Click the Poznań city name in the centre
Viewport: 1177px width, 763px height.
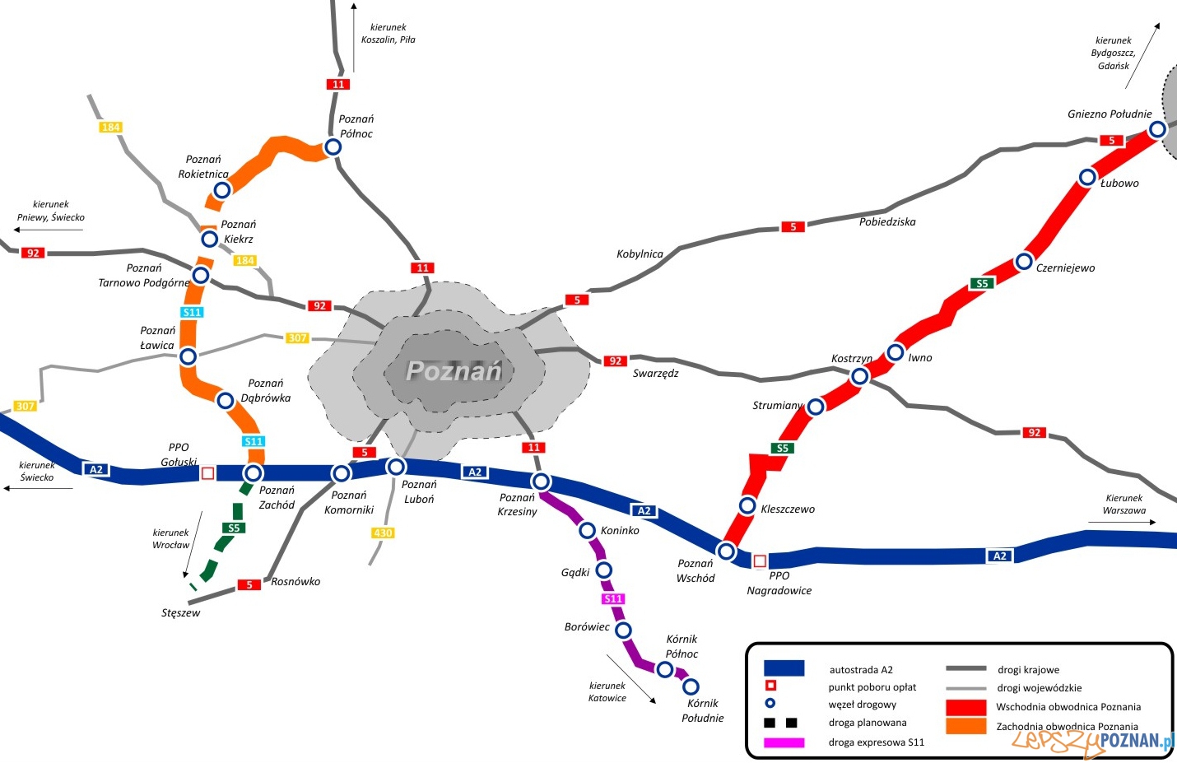click(454, 371)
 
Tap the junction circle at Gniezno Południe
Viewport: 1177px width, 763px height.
click(1157, 129)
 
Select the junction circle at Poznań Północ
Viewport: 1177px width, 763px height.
click(333, 147)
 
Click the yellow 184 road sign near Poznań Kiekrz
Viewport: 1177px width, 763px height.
click(244, 261)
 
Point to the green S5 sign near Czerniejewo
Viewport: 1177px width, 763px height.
click(982, 283)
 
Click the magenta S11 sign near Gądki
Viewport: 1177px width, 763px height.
click(613, 599)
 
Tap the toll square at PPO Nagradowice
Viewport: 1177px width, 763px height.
click(760, 561)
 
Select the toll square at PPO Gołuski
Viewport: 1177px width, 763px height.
click(207, 473)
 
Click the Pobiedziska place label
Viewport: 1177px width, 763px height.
click(887, 222)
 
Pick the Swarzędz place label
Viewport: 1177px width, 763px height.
click(656, 374)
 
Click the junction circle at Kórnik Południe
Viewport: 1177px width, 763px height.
click(691, 686)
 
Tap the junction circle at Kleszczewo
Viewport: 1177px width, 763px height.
click(747, 505)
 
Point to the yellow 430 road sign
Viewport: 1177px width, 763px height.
click(383, 533)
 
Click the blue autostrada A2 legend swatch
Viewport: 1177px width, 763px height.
click(784, 668)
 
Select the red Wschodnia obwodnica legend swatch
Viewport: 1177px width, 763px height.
click(965, 707)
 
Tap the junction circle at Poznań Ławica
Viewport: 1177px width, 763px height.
click(188, 356)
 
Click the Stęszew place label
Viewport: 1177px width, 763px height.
click(181, 613)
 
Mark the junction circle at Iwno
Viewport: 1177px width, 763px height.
click(896, 353)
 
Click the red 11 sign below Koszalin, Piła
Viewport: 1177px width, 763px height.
click(338, 84)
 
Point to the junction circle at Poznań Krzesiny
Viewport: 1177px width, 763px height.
click(541, 482)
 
